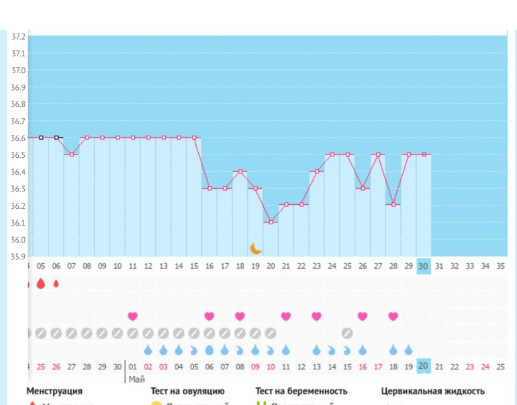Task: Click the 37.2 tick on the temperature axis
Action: [18, 36]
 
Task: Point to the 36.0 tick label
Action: [18, 240]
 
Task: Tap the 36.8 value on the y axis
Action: [18, 104]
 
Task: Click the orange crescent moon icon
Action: [256, 249]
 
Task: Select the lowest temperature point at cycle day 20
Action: [271, 222]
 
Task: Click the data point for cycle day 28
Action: [393, 205]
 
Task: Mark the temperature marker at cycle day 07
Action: [72, 154]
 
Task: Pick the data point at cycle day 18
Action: [240, 171]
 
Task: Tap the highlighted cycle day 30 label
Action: [424, 266]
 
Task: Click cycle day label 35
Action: [500, 266]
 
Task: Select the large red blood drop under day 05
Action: [41, 283]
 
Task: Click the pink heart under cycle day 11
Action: [133, 316]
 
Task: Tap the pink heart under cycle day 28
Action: [393, 316]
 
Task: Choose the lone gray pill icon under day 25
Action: [347, 332]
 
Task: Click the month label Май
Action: [137, 379]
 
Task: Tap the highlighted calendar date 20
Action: [423, 367]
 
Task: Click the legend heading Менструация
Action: [54, 391]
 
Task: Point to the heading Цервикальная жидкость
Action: [433, 391]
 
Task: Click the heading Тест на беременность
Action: [301, 391]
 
